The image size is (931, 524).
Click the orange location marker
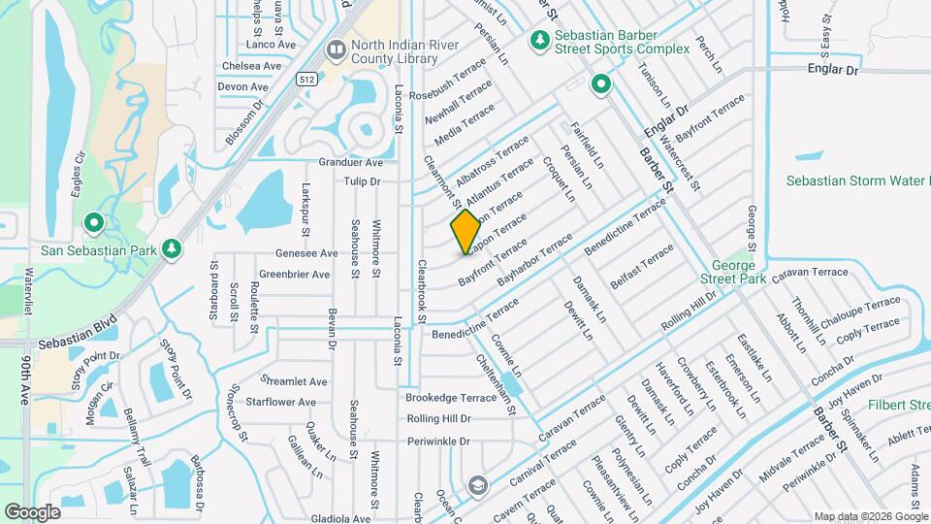tap(465, 232)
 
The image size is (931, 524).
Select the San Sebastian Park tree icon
tap(172, 249)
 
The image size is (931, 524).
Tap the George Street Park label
tap(739, 272)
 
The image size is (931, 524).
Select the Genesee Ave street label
tap(306, 253)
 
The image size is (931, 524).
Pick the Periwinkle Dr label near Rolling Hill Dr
tap(437, 442)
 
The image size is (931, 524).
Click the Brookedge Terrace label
tap(451, 398)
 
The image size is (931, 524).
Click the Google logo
tap(32, 511)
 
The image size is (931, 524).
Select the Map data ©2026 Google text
tap(871, 516)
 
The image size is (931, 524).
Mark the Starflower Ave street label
tap(281, 402)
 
